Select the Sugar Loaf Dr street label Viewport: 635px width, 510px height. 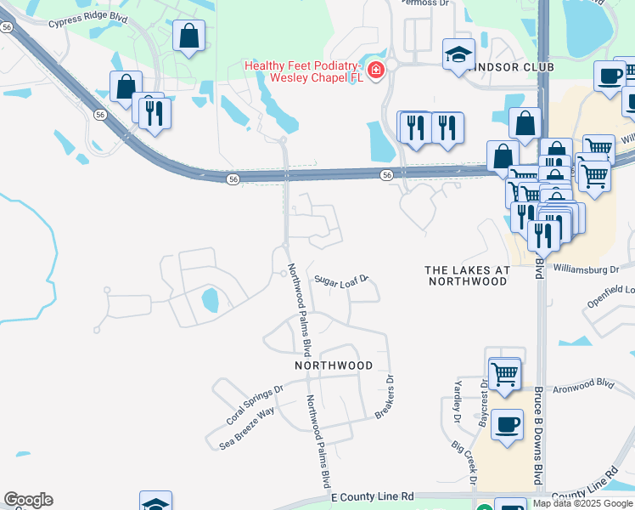(x=341, y=279)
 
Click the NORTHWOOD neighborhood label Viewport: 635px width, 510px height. (x=334, y=365)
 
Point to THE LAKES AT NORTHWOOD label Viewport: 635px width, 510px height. (x=468, y=275)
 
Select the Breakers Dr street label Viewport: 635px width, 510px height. (x=385, y=398)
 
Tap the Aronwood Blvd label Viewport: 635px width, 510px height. (x=586, y=384)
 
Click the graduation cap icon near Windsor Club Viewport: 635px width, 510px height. (x=458, y=55)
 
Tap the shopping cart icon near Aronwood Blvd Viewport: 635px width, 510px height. (x=504, y=372)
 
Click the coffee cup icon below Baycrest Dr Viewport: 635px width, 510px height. (x=507, y=424)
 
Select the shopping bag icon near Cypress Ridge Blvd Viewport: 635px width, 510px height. (x=188, y=37)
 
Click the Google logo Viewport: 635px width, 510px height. (x=28, y=500)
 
